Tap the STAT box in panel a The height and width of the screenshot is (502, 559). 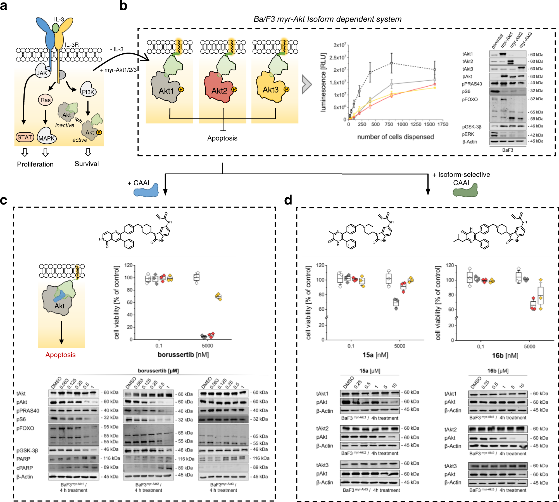25,137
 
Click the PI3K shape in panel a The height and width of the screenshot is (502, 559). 88,91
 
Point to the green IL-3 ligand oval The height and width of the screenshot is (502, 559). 56,28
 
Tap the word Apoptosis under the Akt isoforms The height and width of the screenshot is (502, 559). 222,138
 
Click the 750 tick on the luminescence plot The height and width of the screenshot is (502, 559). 389,124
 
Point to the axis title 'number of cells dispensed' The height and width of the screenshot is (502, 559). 395,137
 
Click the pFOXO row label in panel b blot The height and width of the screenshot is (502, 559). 470,99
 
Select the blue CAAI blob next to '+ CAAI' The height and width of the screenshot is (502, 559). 146,191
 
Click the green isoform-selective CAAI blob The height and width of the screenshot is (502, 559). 465,191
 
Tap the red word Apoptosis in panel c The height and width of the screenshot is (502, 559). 60,355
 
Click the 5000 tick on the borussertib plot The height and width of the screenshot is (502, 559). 207,346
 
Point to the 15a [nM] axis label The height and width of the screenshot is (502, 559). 375,355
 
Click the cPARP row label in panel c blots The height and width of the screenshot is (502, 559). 25,468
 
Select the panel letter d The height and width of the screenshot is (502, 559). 288,200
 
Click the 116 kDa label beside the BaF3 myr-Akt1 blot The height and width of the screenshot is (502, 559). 112,458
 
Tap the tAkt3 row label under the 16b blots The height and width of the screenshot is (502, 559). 450,466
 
